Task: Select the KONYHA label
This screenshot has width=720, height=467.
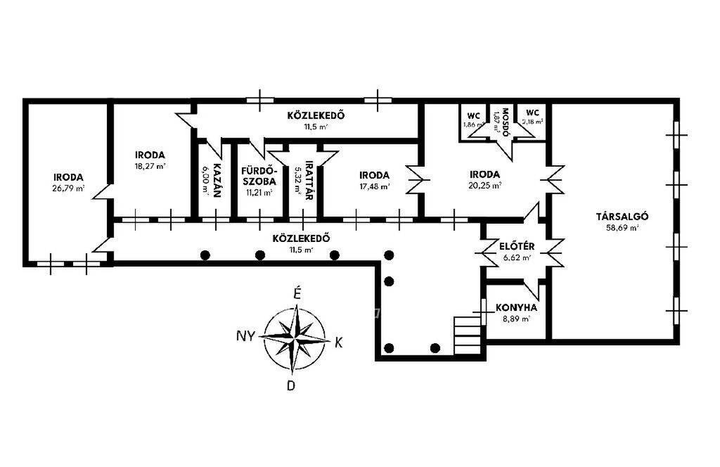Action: coord(516,307)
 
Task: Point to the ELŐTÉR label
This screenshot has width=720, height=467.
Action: coord(517,247)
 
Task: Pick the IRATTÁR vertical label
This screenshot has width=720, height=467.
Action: coord(309,181)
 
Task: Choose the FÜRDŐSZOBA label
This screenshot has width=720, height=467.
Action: coord(259,176)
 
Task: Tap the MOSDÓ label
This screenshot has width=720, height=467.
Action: coord(505,122)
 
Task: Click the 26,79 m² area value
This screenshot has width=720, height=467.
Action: coord(68,188)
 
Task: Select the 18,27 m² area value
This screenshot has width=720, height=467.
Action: coord(150,166)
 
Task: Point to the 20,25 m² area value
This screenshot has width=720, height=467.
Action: coord(485,186)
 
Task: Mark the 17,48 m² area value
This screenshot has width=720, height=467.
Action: coord(374,186)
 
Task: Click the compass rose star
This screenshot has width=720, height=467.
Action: coord(296,338)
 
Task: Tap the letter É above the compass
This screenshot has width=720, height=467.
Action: coord(297,294)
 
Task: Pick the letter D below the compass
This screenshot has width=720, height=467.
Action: coord(290,385)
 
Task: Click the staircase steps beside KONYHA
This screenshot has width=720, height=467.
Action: coord(468,335)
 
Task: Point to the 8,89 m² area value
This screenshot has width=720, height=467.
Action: coord(516,319)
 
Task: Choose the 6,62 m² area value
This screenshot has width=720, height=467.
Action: coord(517,258)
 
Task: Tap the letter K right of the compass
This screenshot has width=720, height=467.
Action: coord(339,343)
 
